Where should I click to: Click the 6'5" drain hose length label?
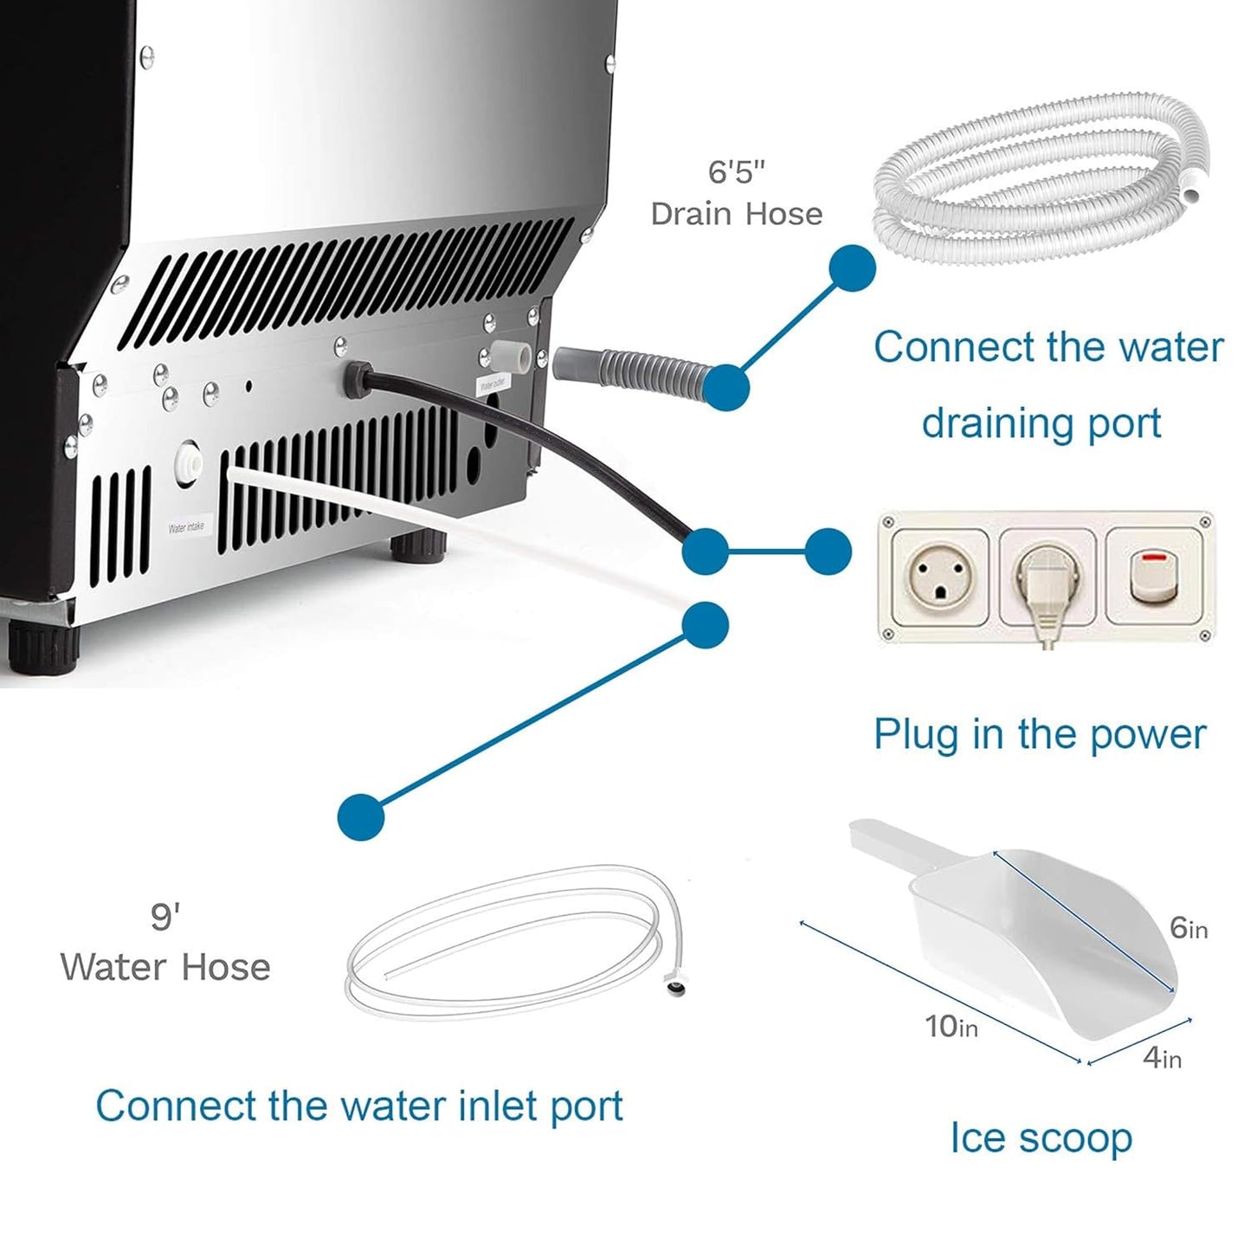736,171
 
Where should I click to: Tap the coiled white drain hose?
1039,182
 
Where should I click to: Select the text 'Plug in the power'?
1039,734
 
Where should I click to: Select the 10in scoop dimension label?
951,1027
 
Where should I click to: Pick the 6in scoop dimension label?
1188,928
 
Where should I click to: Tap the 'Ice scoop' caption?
1041,1138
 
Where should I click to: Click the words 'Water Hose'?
165,967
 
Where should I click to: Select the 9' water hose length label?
164,917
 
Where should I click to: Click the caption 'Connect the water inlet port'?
359,1106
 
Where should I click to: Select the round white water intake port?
188,461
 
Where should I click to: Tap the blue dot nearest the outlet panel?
829,551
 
